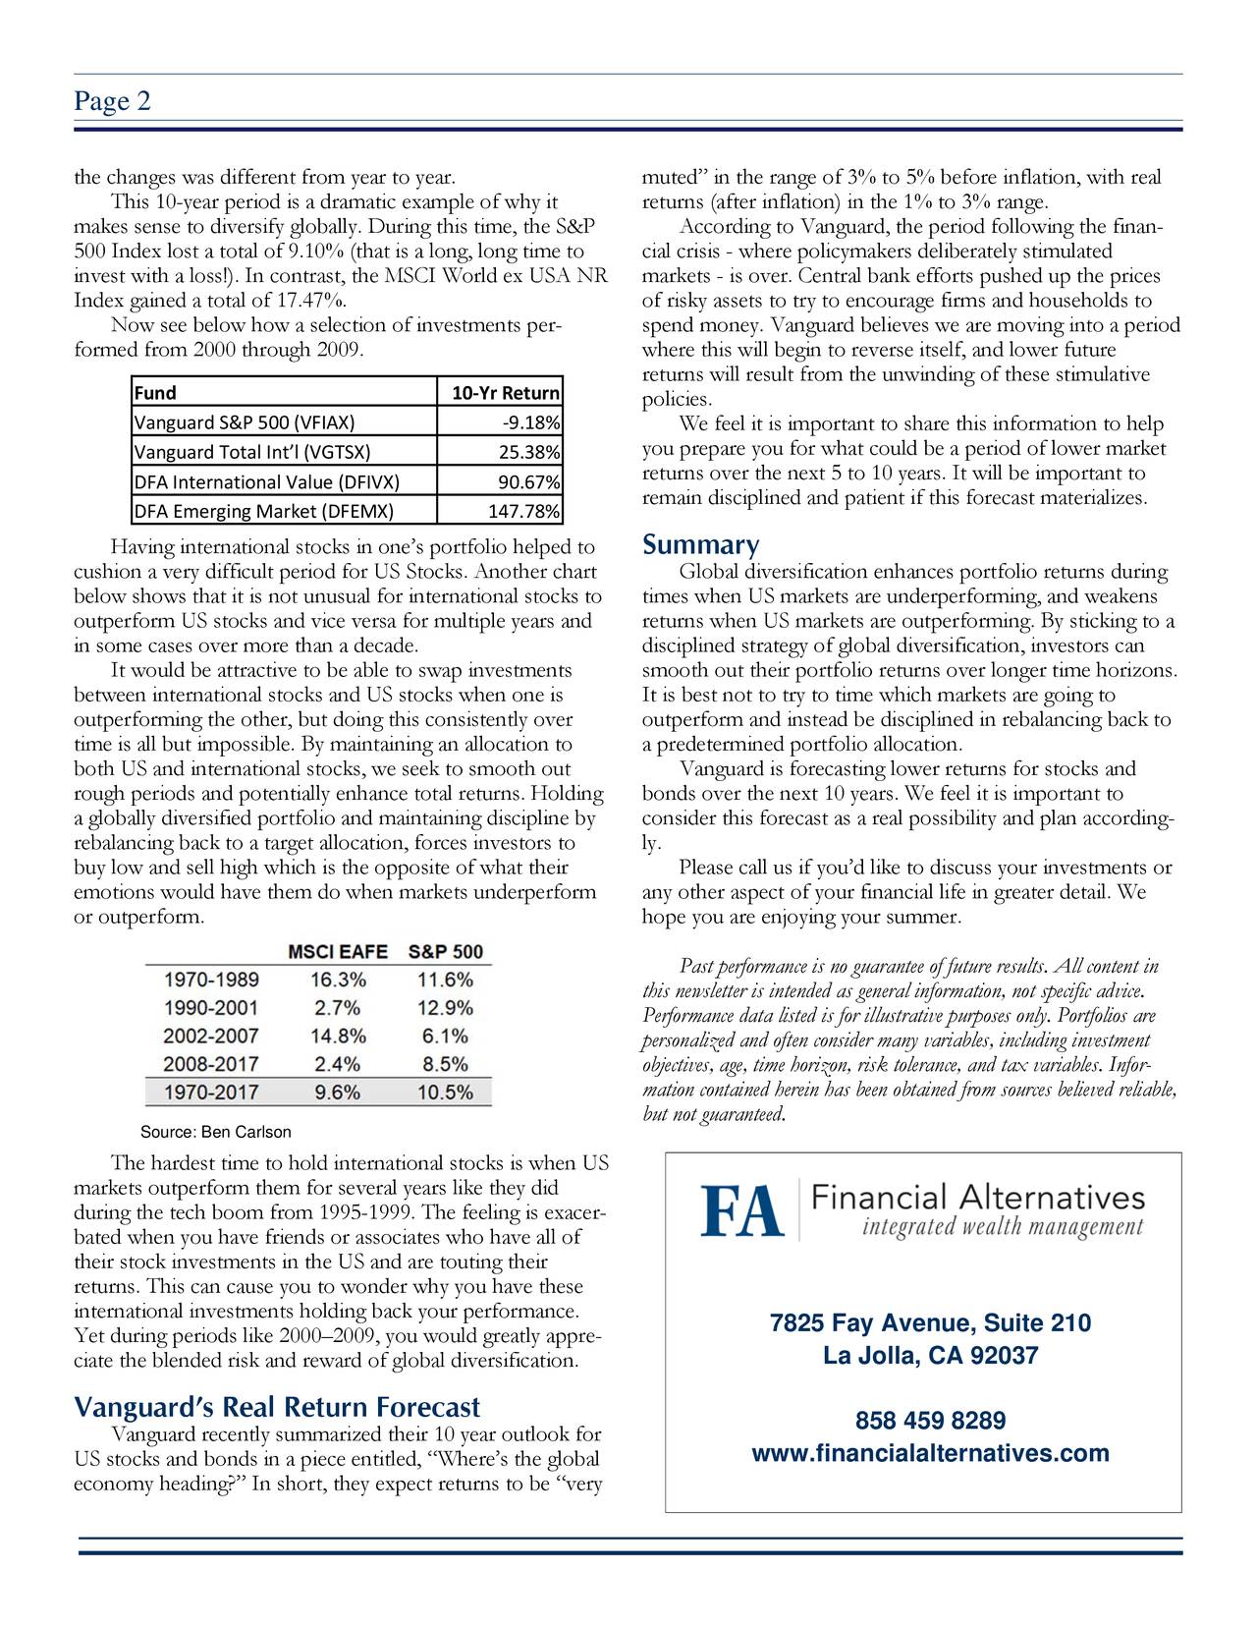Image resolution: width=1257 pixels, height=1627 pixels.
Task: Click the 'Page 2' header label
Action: pos(112,101)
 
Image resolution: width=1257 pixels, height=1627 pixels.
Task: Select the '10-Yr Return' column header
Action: pos(505,393)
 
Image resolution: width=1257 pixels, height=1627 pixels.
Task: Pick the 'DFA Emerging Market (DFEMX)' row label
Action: pos(263,511)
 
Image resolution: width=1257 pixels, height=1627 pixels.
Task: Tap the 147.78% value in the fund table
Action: pos(524,511)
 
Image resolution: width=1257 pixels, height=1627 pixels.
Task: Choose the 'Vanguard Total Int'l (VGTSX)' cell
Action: pos(251,453)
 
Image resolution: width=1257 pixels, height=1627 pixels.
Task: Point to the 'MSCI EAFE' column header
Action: pos(337,952)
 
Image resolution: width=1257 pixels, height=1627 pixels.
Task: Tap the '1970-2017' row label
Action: pos(211,1092)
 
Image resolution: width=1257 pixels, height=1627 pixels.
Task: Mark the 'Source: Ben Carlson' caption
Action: pos(216,1133)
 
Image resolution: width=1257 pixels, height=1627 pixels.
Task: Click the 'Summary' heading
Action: pos(699,545)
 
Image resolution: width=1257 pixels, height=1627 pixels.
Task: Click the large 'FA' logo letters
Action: pos(742,1211)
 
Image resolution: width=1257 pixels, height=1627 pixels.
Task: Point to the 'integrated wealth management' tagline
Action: pos(1003,1227)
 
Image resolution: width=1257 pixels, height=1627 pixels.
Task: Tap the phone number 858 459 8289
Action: pos(930,1422)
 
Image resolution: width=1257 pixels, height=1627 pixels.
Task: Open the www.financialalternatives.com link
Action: pos(930,1453)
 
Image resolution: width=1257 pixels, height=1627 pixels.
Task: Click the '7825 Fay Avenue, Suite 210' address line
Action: pos(930,1324)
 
